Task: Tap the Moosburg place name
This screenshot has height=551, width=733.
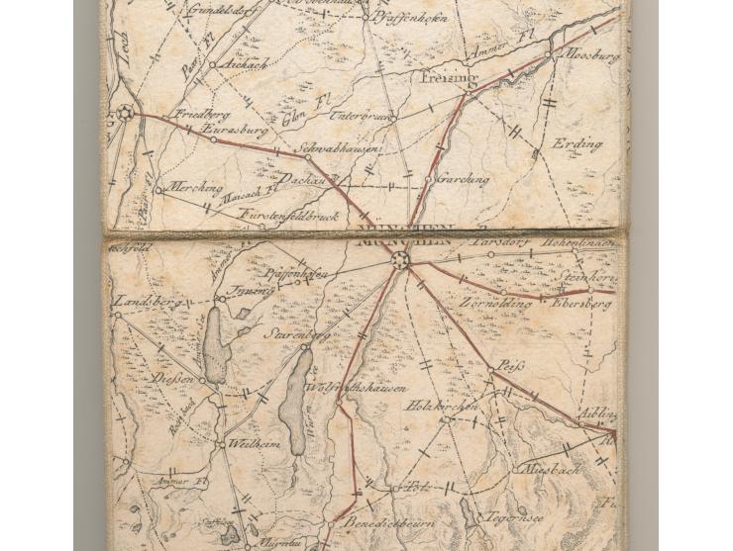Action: coord(591,57)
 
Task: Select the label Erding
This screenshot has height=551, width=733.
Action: coord(577,144)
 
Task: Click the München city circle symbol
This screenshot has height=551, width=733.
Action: coord(400,260)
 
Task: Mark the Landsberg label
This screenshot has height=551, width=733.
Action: coord(138,301)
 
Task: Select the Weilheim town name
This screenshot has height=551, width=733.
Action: coord(256,444)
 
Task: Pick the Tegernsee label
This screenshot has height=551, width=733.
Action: coord(510,517)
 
